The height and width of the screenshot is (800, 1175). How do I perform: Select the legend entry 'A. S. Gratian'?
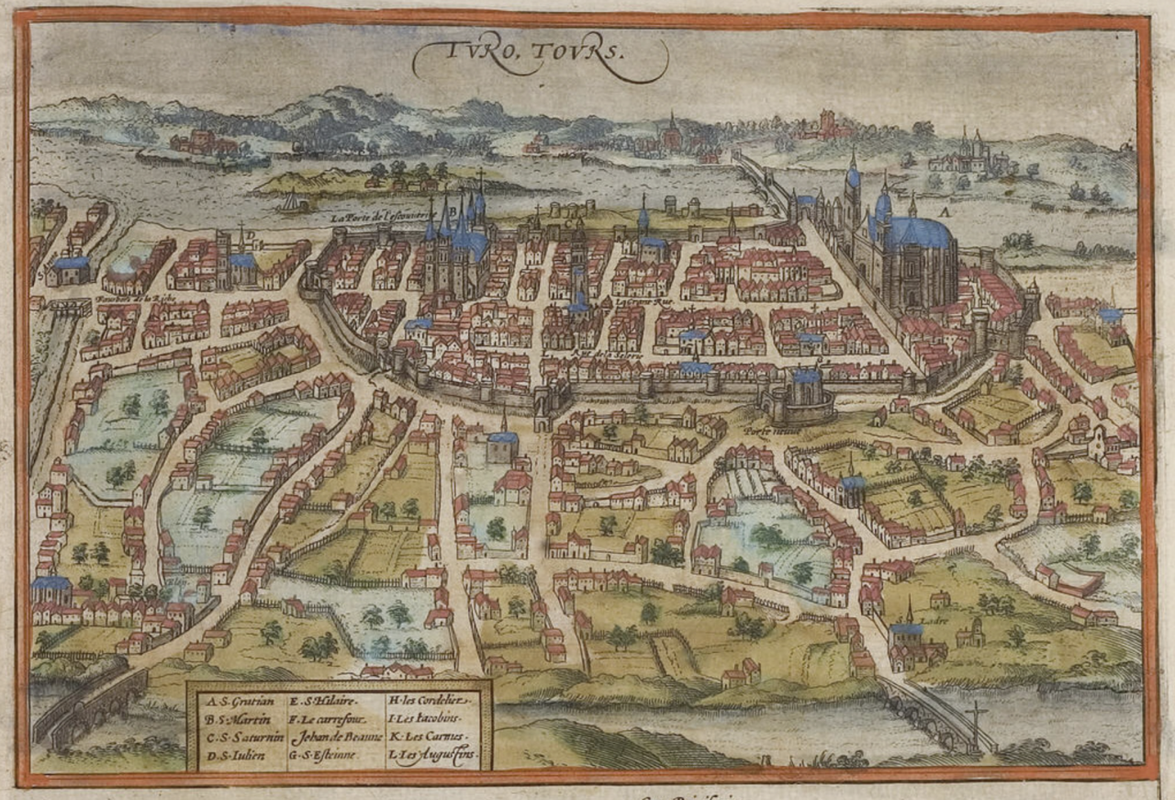click(230, 700)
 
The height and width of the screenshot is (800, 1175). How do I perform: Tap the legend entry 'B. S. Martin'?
click(229, 717)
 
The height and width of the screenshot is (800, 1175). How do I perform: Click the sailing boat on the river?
click(292, 202)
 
